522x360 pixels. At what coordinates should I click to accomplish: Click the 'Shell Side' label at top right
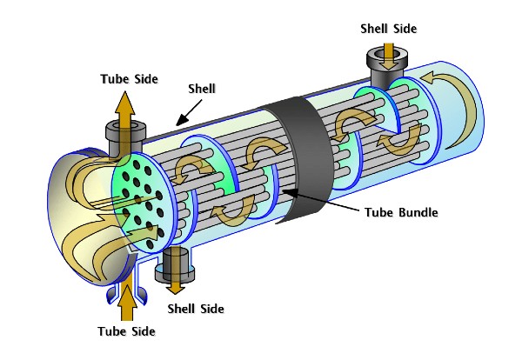point(390,28)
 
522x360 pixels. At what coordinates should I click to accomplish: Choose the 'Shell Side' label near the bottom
point(195,308)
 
